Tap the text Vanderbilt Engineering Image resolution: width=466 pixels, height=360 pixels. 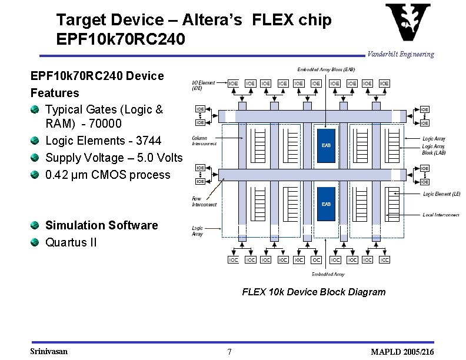pyautogui.click(x=400, y=54)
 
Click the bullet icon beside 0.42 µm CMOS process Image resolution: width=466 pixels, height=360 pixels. pyautogui.click(x=36, y=175)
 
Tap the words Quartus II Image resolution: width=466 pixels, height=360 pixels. pyautogui.click(x=71, y=242)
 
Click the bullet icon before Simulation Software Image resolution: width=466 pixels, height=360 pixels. pyautogui.click(x=36, y=225)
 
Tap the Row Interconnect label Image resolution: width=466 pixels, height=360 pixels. pyautogui.click(x=204, y=201)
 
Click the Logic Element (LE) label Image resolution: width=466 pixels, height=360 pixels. pyautogui.click(x=441, y=194)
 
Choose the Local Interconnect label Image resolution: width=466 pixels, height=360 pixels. pyautogui.click(x=441, y=215)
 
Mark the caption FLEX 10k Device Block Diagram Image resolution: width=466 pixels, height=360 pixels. pyautogui.click(x=314, y=292)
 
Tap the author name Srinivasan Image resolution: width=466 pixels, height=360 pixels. pyautogui.click(x=49, y=351)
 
